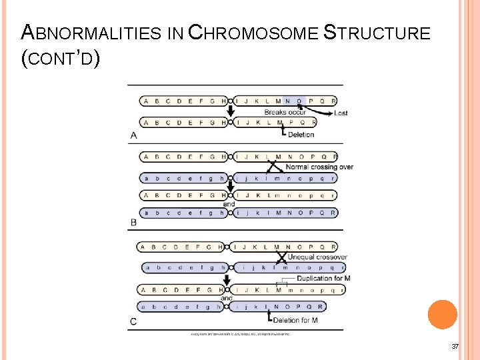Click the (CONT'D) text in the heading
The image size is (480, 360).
pyautogui.click(x=61, y=59)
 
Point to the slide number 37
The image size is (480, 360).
pyautogui.click(x=455, y=346)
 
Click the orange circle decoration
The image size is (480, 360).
pyautogui.click(x=442, y=315)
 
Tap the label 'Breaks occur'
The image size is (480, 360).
pyautogui.click(x=285, y=112)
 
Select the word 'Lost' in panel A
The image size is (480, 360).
pyautogui.click(x=341, y=113)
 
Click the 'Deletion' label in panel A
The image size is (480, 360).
pyautogui.click(x=301, y=135)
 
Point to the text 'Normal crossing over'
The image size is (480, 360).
pyautogui.click(x=319, y=167)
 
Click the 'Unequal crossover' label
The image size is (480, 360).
pyautogui.click(x=317, y=257)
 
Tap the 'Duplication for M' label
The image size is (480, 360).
pyautogui.click(x=323, y=278)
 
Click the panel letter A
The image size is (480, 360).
pyautogui.click(x=133, y=135)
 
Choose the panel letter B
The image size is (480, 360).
pyautogui.click(x=133, y=222)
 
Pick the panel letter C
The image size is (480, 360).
pyautogui.click(x=134, y=322)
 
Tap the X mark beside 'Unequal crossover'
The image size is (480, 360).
pyautogui.click(x=282, y=257)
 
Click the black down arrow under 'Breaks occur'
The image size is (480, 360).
pyautogui.click(x=231, y=111)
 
